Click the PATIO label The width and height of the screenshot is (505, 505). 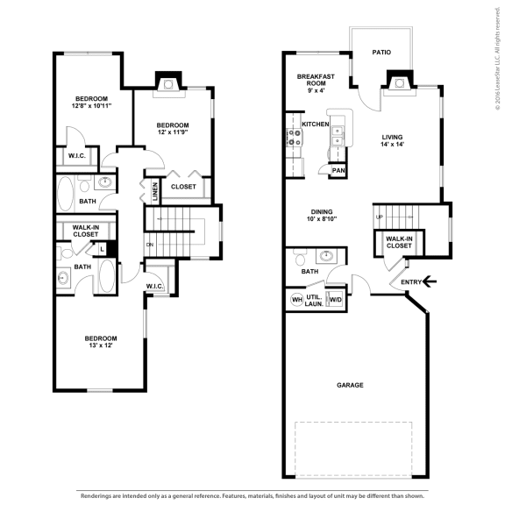point(381,53)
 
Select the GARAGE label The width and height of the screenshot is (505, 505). point(350,385)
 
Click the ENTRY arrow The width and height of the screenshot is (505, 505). point(429,281)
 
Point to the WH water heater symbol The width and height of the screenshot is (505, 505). point(296,300)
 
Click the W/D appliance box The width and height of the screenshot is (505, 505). point(334,300)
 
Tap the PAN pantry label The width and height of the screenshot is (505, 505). point(338,170)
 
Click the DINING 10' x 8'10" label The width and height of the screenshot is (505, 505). point(322,216)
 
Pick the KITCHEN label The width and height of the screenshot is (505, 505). point(315,124)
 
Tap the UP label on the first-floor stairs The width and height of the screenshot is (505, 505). point(379,217)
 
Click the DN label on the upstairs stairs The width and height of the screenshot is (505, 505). point(150,245)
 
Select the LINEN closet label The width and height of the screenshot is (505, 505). point(154,192)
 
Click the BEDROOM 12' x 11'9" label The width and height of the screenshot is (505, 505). point(172,129)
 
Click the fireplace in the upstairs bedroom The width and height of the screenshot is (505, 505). point(168,82)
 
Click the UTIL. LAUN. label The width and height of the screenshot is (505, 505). point(315,300)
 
